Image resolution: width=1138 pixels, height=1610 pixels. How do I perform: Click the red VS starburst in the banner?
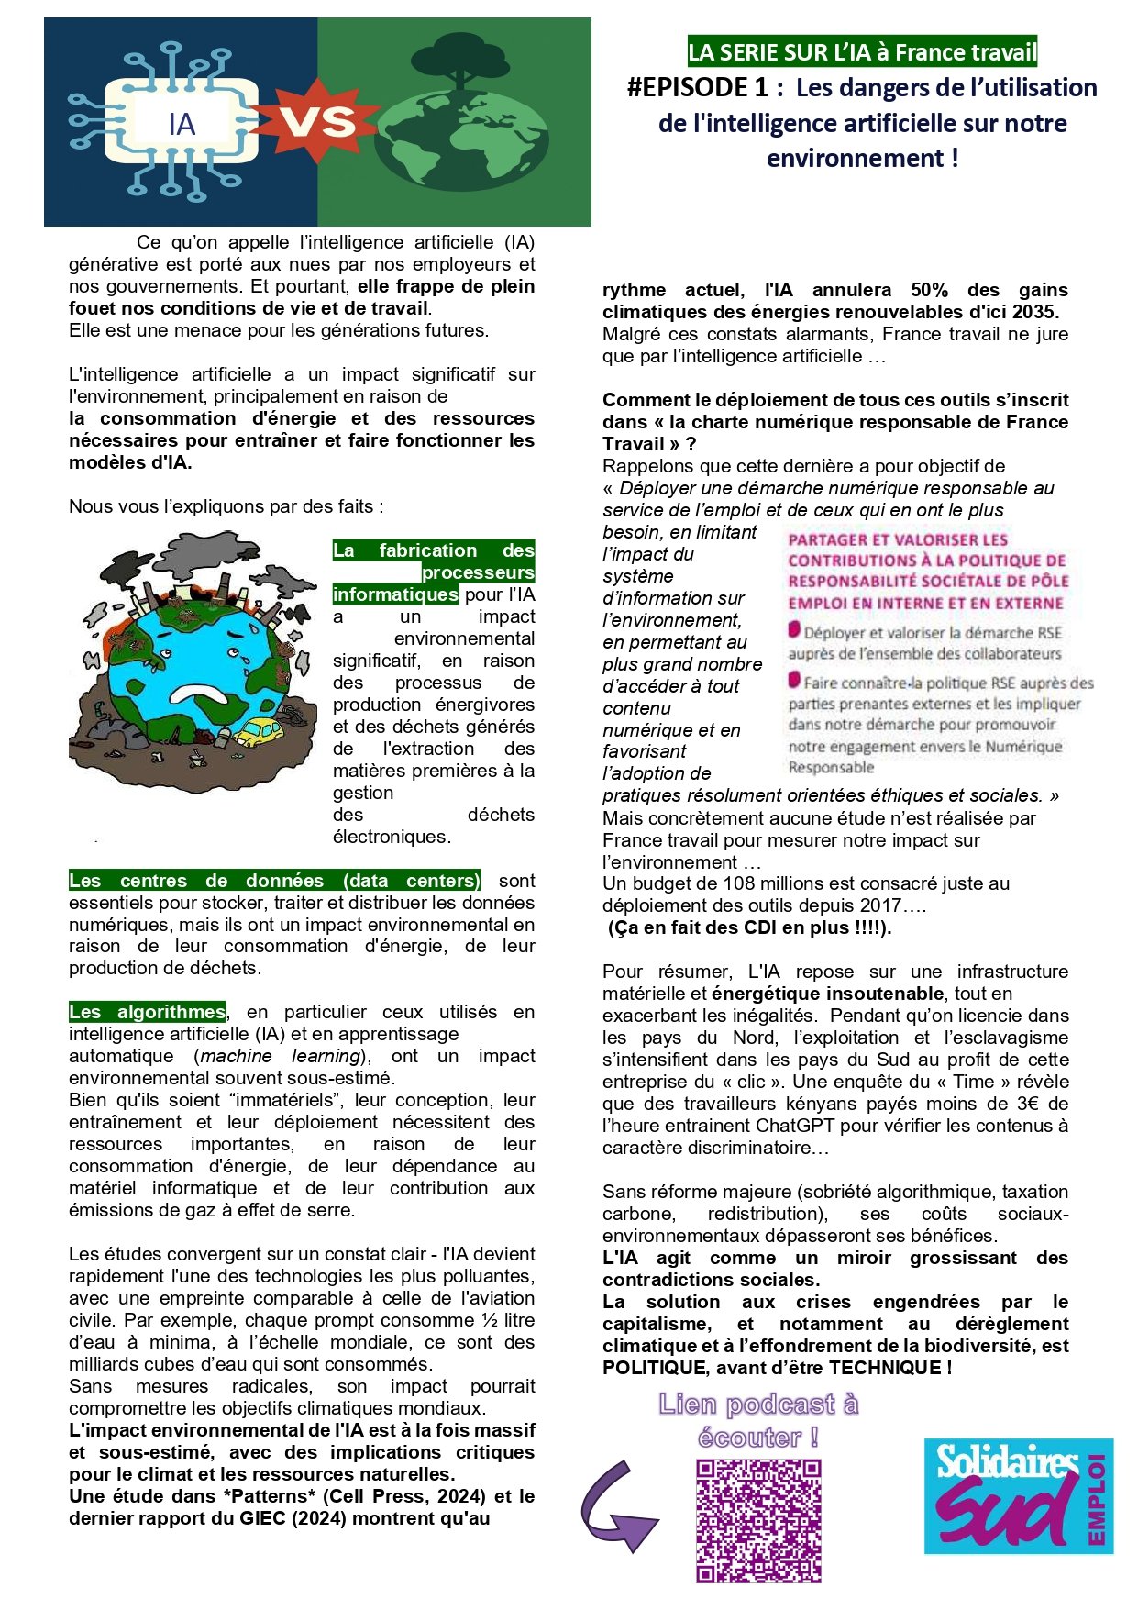pos(316,122)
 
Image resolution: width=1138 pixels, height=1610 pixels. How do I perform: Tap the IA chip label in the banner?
pos(182,124)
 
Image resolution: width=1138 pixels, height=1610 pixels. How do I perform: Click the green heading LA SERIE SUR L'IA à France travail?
pos(862,52)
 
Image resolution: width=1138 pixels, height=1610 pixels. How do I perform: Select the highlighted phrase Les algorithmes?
pos(147,1012)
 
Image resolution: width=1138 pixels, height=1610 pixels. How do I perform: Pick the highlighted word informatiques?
pos(395,594)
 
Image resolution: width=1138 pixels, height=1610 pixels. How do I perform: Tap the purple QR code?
pos(758,1520)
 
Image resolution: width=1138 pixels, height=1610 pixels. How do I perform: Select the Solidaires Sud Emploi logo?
pos(1018,1496)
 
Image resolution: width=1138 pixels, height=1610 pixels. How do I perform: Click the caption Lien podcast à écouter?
pos(758,1420)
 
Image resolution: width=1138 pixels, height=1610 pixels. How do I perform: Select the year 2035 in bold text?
pos(1036,312)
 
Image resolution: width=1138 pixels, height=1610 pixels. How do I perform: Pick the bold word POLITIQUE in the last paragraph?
pos(656,1368)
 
